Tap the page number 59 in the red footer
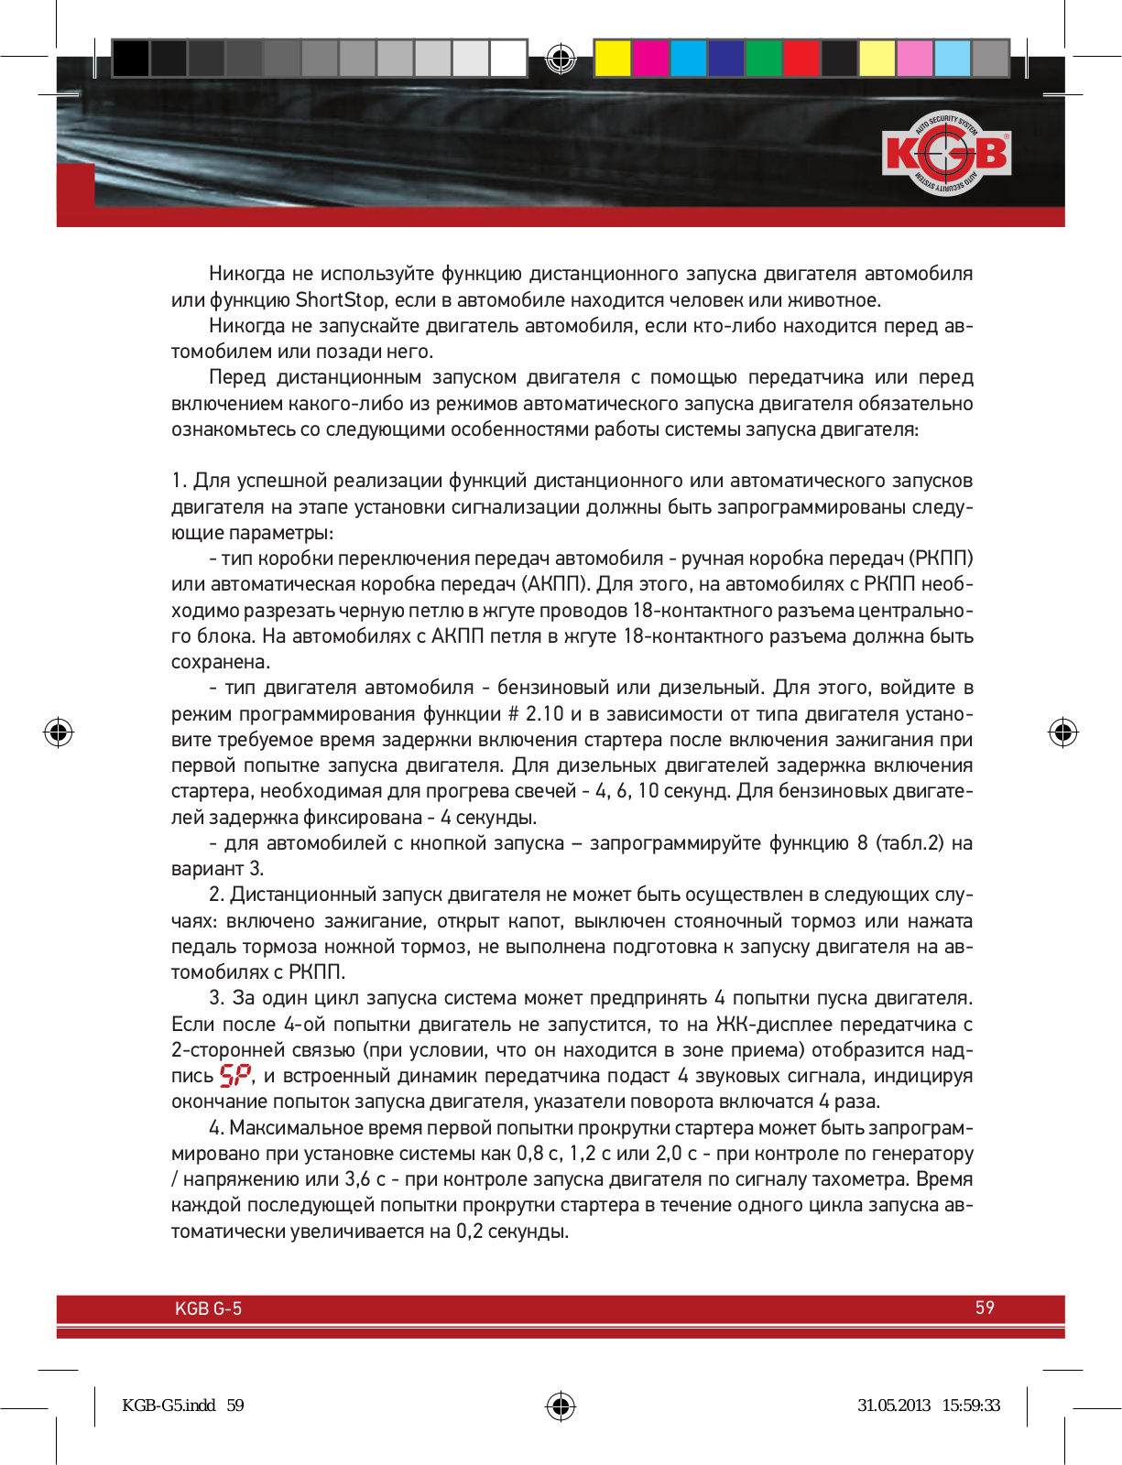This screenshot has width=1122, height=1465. [x=985, y=1308]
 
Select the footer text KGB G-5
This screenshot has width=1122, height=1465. [x=208, y=1308]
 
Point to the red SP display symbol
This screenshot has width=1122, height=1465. [x=235, y=1076]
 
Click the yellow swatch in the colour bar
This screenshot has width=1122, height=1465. [x=612, y=58]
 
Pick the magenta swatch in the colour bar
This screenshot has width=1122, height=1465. [x=650, y=58]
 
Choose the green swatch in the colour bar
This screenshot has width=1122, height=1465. [x=763, y=58]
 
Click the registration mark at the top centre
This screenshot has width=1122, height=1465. [x=561, y=59]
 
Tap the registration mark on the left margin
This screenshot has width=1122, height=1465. [x=59, y=732]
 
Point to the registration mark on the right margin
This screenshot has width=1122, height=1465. [x=1062, y=732]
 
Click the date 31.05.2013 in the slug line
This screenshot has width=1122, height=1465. [x=893, y=1405]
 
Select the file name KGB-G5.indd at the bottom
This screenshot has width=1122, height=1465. [x=169, y=1405]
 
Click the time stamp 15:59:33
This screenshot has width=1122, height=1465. [x=971, y=1405]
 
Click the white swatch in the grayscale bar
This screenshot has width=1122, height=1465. [x=508, y=58]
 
